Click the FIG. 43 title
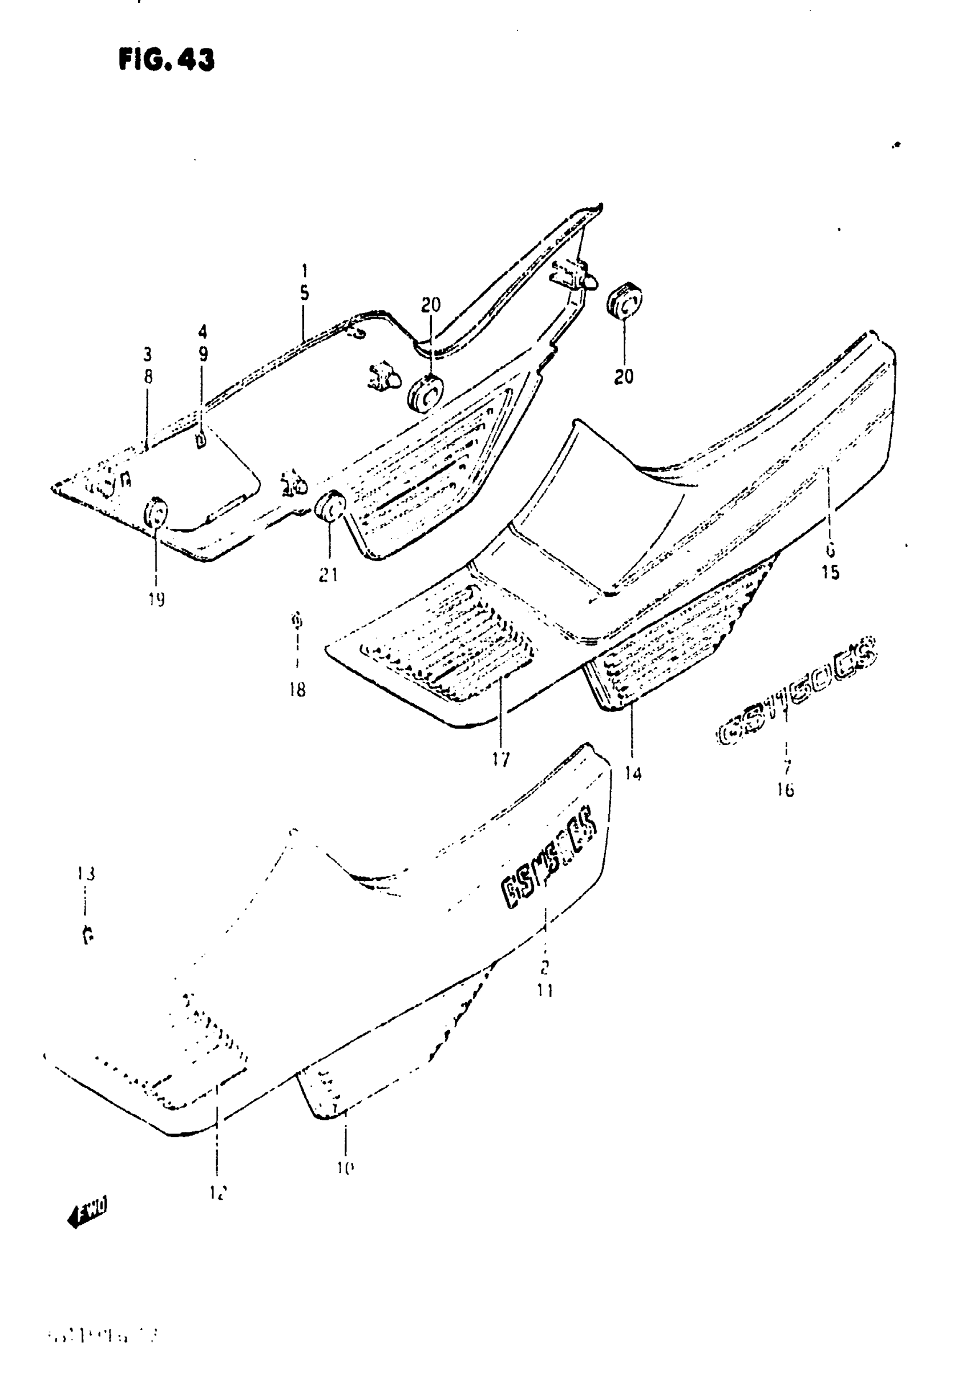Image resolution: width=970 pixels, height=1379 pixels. [x=166, y=60]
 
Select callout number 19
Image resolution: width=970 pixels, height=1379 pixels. [x=156, y=600]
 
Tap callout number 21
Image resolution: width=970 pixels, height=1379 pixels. [x=328, y=575]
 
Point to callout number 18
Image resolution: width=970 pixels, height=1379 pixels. [x=297, y=690]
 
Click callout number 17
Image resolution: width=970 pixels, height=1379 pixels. [x=500, y=760]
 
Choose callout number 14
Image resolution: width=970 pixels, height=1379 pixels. [x=633, y=774]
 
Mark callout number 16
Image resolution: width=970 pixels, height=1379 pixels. [x=785, y=790]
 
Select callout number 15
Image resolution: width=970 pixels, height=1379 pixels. [x=830, y=572]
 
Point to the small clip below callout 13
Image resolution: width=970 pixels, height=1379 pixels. [x=88, y=935]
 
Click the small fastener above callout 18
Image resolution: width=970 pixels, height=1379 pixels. [x=296, y=619]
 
